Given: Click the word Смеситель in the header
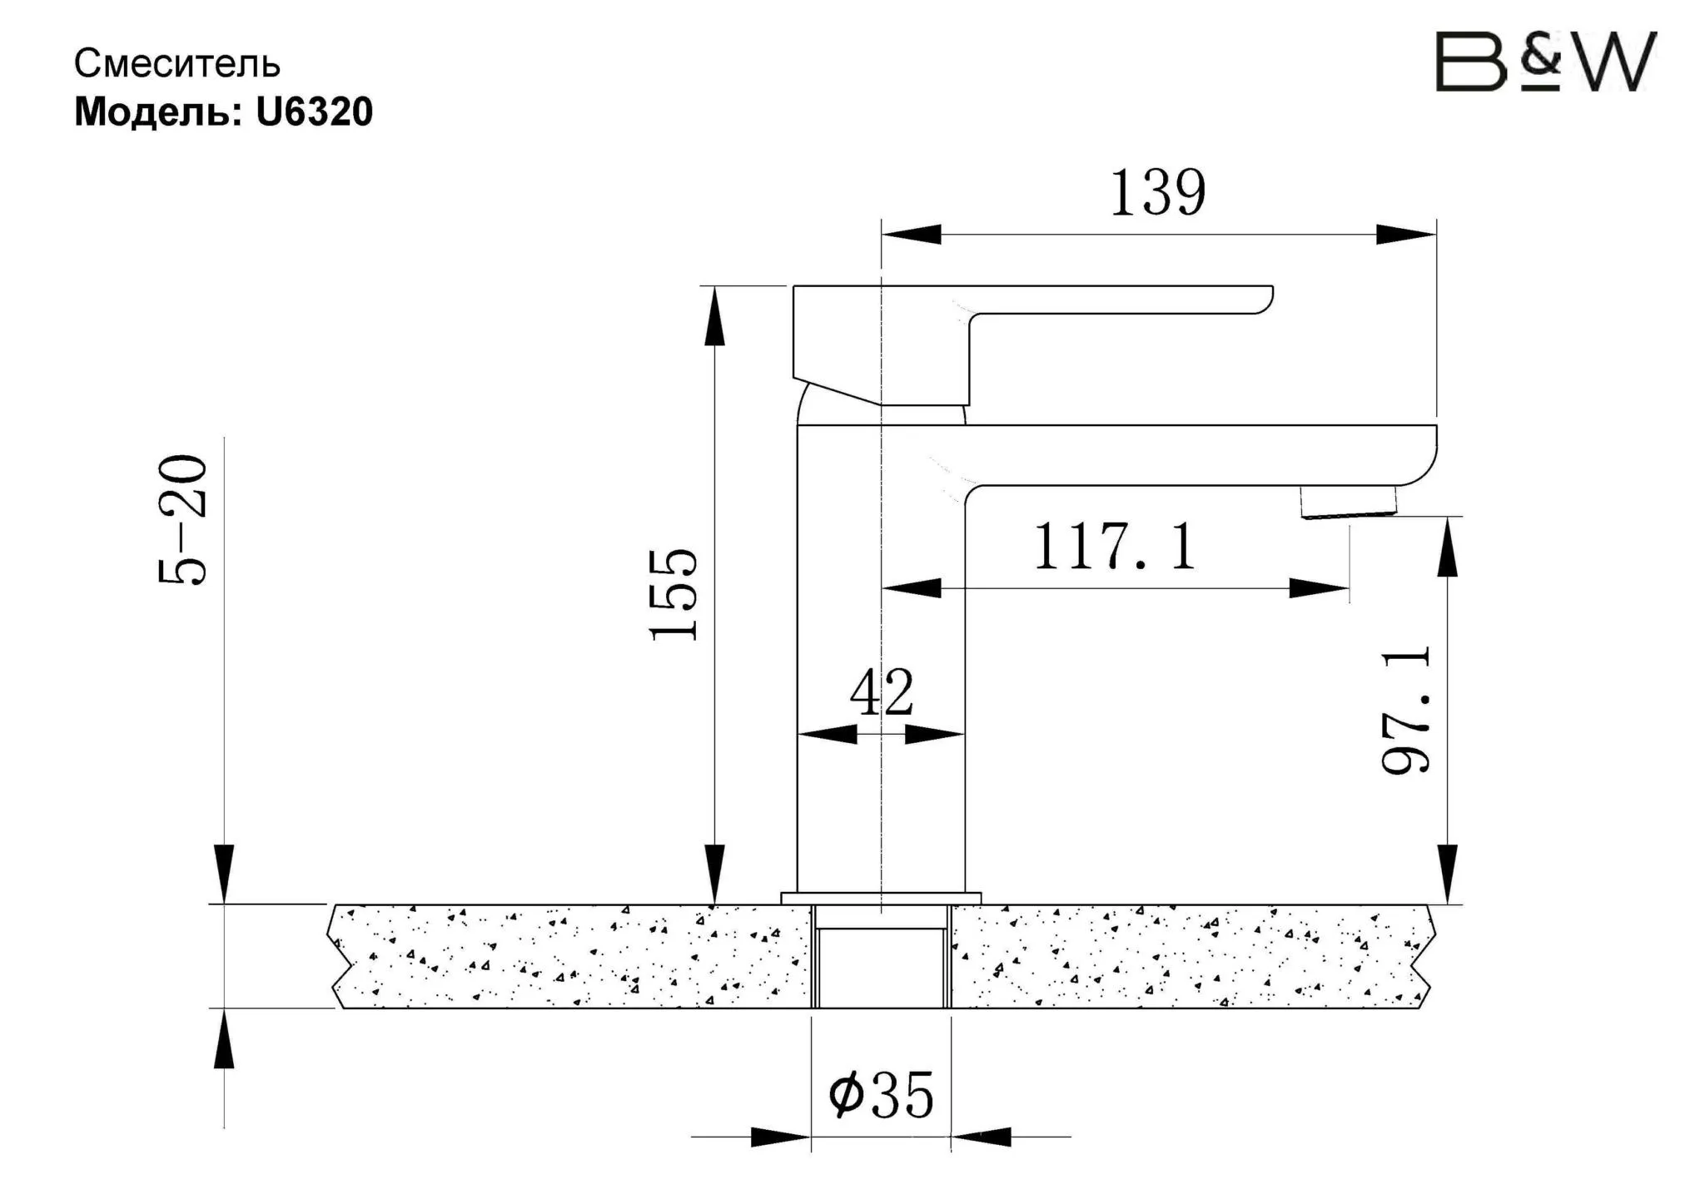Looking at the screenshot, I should click(177, 64).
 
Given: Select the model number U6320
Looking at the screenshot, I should click(315, 112).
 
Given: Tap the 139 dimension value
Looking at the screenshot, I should click(1157, 193).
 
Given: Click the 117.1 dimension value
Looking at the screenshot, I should click(1115, 547).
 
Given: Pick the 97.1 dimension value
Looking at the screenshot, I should click(1406, 710).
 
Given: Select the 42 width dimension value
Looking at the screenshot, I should click(882, 692).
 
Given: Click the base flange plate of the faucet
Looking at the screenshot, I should click(881, 898).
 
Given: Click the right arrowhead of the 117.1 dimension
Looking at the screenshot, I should click(1319, 588).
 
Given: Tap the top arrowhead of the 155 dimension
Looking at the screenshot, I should click(714, 316).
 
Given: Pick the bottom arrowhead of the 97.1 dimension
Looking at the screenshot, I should click(1448, 874).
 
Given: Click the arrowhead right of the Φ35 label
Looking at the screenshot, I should click(982, 1137).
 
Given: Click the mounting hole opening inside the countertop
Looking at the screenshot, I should click(881, 965).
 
